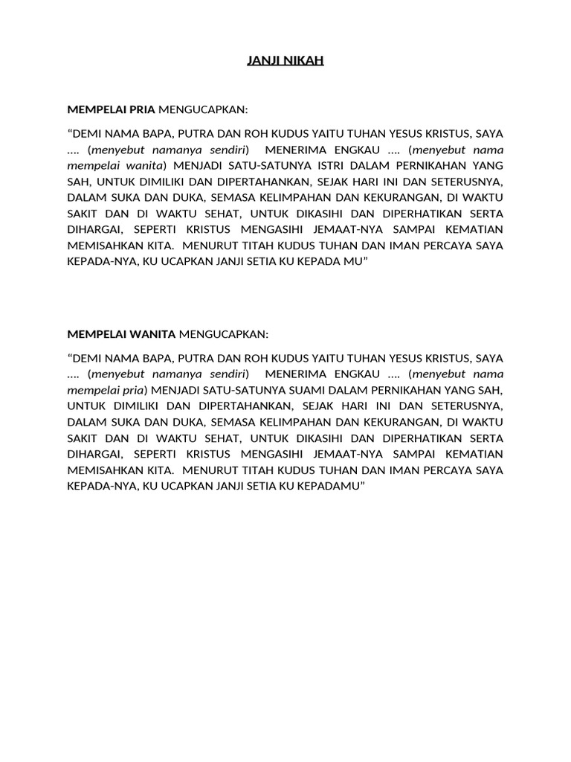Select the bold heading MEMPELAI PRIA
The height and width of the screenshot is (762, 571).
point(112,109)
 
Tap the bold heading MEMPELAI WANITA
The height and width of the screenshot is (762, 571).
point(122,333)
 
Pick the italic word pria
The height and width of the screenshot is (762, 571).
point(135,389)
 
